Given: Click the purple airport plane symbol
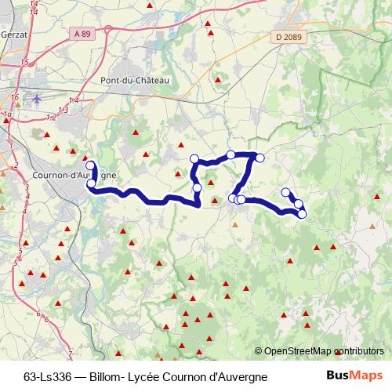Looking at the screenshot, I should (x=38, y=99).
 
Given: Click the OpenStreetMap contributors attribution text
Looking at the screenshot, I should (x=324, y=351).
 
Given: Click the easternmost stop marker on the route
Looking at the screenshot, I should (x=302, y=214).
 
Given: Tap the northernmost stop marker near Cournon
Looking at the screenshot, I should (x=90, y=165).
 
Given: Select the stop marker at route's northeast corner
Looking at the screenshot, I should (x=260, y=158).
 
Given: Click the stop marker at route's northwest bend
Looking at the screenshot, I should (x=194, y=159).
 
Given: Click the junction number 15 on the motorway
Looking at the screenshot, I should (x=25, y=61).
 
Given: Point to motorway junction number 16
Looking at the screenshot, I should (x=15, y=96).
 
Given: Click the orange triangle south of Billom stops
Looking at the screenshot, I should (x=234, y=224).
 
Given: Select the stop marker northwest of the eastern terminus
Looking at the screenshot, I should (x=286, y=192).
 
